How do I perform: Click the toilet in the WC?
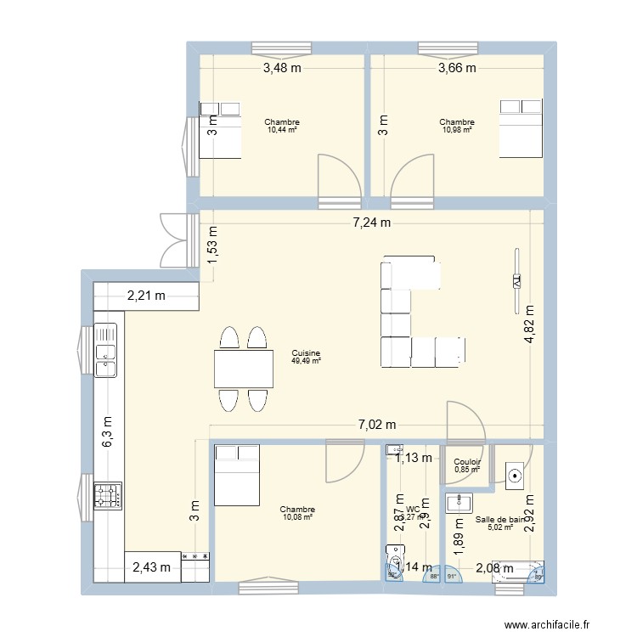coord(396,564)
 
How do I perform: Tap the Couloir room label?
coord(467,462)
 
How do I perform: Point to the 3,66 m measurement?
coord(456,69)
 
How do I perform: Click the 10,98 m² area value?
coord(457,130)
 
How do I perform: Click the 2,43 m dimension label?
coord(155,567)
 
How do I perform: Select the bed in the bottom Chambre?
coord(235,476)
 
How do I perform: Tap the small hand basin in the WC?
coord(396,449)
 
